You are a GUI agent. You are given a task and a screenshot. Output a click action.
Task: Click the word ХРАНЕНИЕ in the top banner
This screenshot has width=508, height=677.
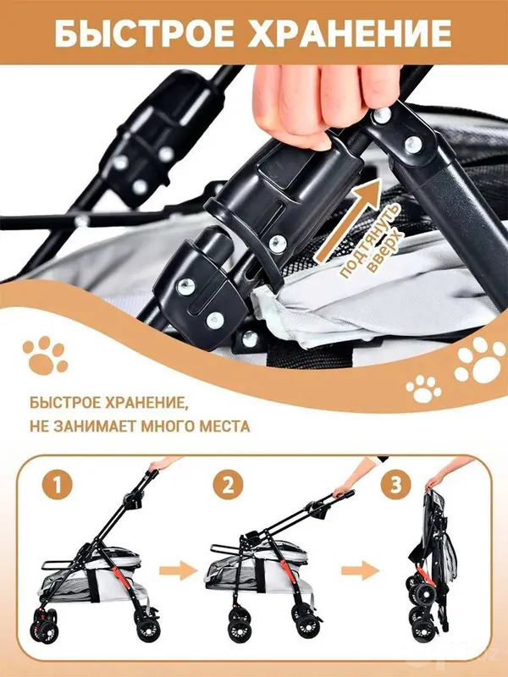(x=349, y=33)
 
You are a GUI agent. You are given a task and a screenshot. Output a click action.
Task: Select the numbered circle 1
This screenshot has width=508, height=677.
(x=57, y=485)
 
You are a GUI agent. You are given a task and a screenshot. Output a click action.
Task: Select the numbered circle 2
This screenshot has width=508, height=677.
(x=228, y=485)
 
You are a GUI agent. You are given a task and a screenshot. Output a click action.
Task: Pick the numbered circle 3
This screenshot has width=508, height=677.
(x=395, y=485)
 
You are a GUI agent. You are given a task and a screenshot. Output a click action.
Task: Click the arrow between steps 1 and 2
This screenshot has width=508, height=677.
(x=178, y=570)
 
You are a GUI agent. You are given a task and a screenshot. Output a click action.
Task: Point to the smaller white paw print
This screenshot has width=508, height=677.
(x=423, y=388)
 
